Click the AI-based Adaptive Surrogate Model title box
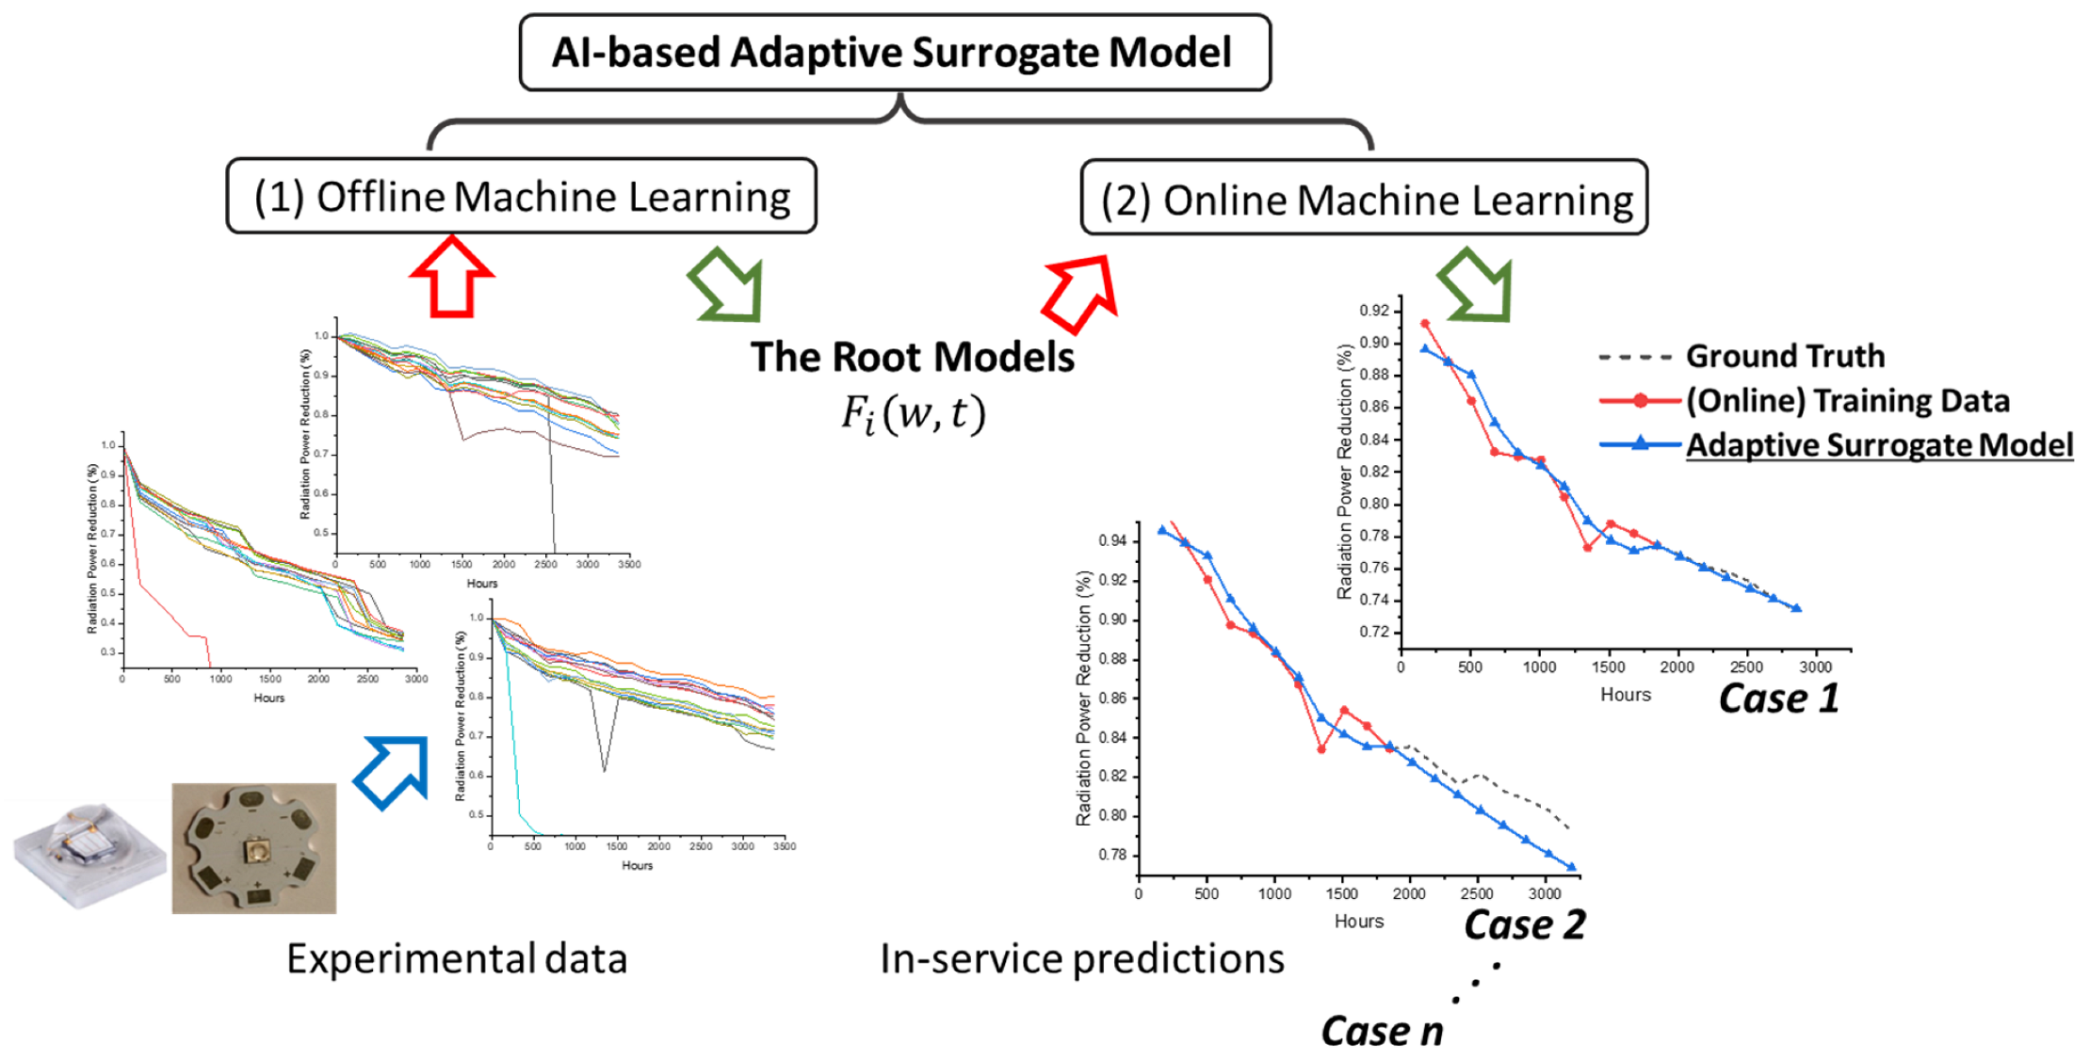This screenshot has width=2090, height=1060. click(x=893, y=53)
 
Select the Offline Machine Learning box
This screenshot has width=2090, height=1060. click(x=521, y=197)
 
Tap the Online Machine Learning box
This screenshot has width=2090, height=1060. click(x=1364, y=199)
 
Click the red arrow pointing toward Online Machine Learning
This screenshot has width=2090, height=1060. click(x=1081, y=292)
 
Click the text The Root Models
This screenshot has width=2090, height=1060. click(x=912, y=358)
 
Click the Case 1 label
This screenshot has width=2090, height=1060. click(x=1778, y=699)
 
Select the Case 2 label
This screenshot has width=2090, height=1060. click(x=1524, y=924)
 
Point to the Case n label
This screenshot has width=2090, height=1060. click(x=1382, y=1031)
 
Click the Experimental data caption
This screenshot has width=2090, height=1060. click(x=457, y=959)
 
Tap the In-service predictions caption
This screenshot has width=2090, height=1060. click(x=1081, y=959)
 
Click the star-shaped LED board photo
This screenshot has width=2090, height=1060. click(x=254, y=848)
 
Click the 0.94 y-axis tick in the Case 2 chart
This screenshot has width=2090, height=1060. click(x=1112, y=540)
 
